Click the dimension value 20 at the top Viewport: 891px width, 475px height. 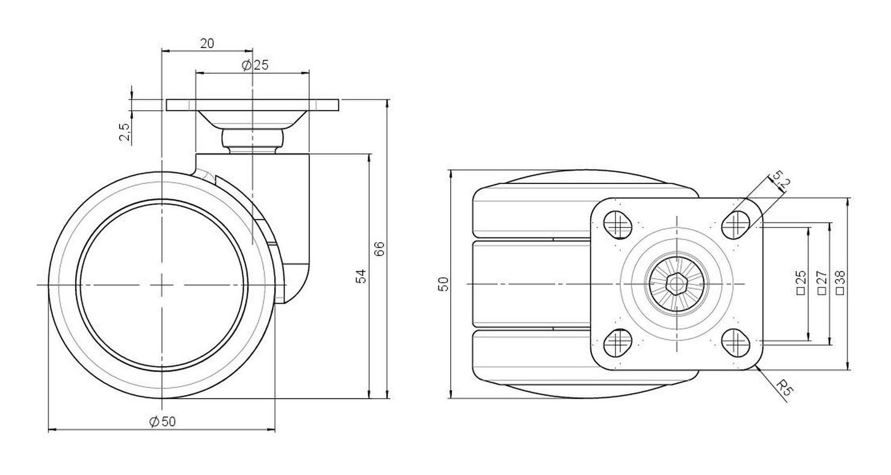(207, 43)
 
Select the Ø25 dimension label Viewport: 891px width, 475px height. (255, 65)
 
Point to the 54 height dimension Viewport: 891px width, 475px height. (361, 276)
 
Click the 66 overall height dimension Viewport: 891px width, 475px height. (380, 249)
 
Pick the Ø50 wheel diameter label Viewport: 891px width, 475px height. (162, 421)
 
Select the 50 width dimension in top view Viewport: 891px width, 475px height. (443, 284)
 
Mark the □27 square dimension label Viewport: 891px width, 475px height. (822, 282)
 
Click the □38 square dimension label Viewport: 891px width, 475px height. (840, 282)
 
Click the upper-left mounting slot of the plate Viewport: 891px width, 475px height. (618, 225)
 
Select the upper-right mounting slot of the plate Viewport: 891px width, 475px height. (736, 225)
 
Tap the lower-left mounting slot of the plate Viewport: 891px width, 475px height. (618, 343)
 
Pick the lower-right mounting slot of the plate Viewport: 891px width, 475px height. (736, 343)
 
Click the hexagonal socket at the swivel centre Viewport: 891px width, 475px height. (676, 284)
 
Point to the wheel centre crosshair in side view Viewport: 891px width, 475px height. (162, 285)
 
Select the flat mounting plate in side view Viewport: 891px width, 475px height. (253, 105)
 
